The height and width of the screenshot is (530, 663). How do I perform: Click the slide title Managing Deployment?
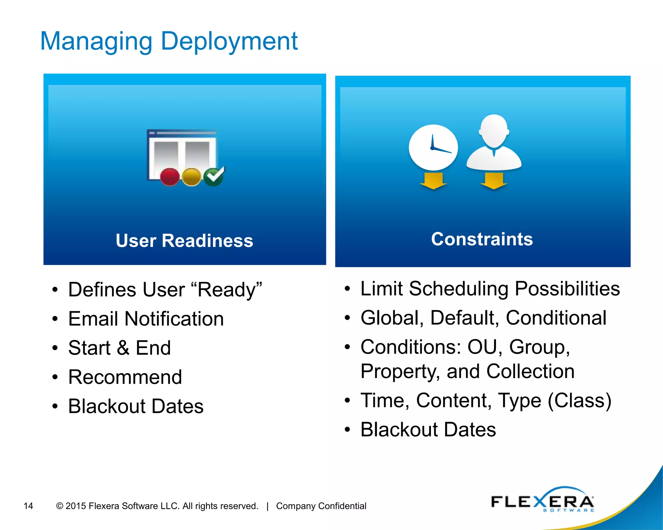(x=169, y=41)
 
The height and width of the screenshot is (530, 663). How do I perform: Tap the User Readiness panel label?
(x=185, y=241)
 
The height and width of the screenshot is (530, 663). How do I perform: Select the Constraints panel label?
(x=482, y=239)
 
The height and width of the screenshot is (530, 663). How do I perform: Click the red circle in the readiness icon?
(x=170, y=177)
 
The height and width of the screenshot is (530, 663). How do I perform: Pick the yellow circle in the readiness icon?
(x=191, y=177)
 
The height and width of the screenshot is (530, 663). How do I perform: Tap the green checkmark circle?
(x=213, y=177)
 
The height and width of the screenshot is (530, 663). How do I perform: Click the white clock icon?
(x=433, y=148)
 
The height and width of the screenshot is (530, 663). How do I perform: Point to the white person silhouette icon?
(x=494, y=142)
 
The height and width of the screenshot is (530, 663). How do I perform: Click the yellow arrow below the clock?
(x=433, y=181)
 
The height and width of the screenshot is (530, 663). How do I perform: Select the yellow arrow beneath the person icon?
(x=494, y=181)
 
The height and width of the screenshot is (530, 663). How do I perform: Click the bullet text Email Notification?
(x=146, y=319)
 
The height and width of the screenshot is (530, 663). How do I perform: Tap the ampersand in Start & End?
(x=123, y=348)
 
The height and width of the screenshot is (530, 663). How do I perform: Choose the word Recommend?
(x=125, y=377)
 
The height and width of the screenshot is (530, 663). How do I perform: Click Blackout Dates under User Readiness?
(x=136, y=406)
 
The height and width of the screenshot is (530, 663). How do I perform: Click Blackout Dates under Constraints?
(x=428, y=430)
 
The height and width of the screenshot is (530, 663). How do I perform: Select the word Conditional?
(x=556, y=318)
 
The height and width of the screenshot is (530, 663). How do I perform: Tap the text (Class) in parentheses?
(x=579, y=401)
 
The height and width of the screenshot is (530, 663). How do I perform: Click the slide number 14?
(x=28, y=506)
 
